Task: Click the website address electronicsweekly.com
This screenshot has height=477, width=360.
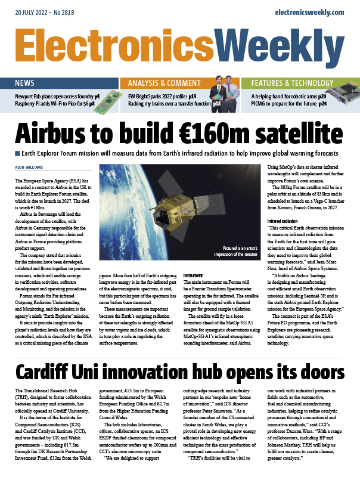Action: [310, 12]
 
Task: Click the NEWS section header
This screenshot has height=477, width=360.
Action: [25, 83]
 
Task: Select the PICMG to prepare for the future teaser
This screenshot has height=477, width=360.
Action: [288, 104]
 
